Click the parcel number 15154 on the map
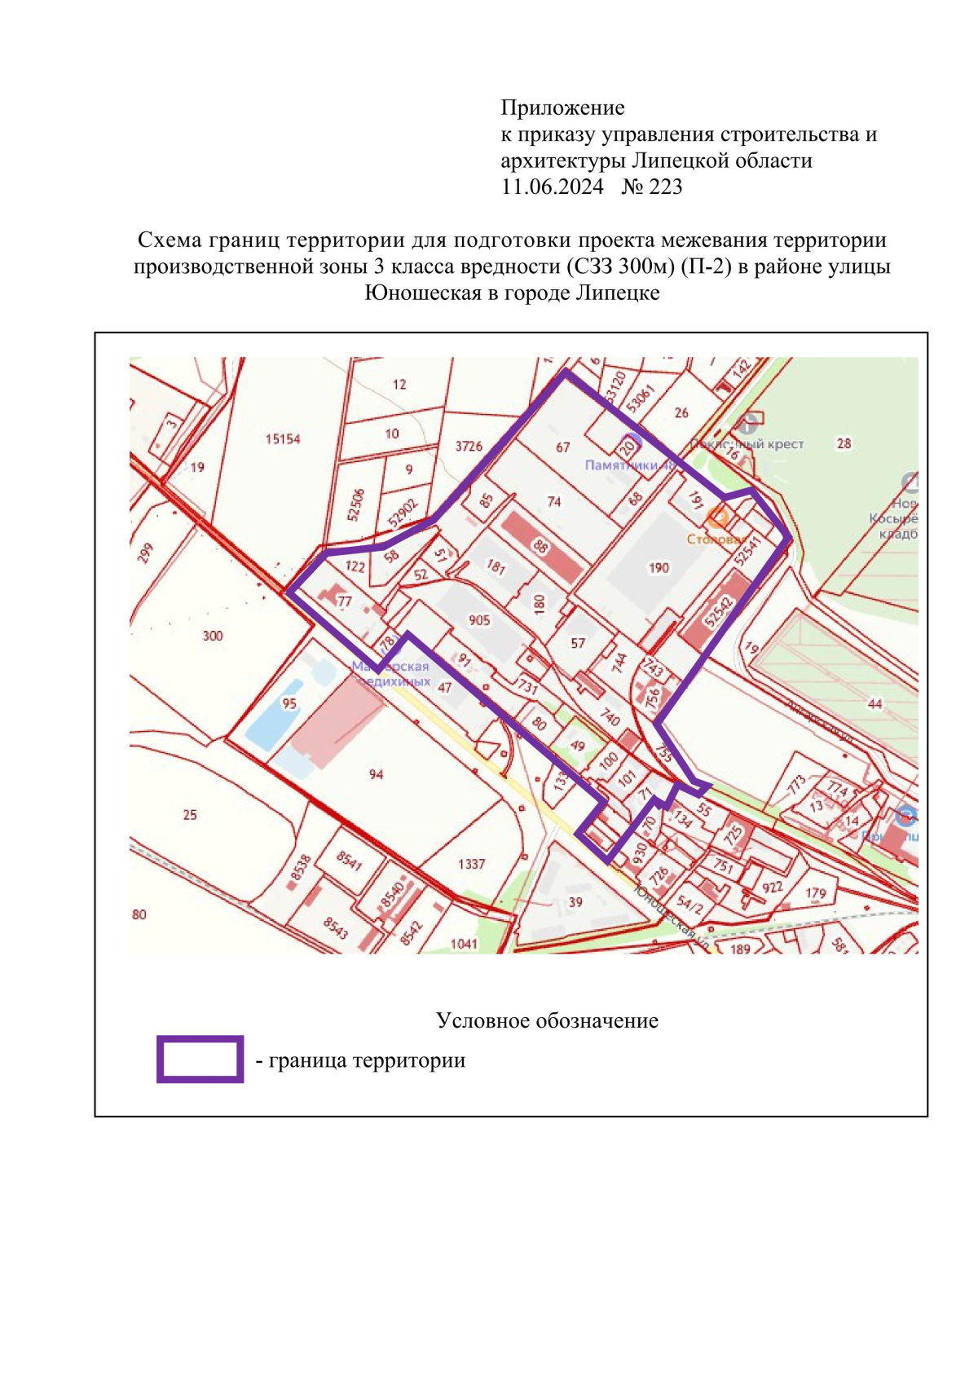pyautogui.click(x=283, y=439)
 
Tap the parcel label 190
pyautogui.click(x=659, y=568)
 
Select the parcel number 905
pyautogui.click(x=479, y=620)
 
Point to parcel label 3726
pyautogui.click(x=469, y=446)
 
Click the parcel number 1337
pyautogui.click(x=471, y=864)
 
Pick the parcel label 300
pyautogui.click(x=213, y=636)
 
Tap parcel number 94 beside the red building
pyautogui.click(x=376, y=774)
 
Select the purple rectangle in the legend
pyautogui.click(x=200, y=1059)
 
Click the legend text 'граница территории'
pyautogui.click(x=367, y=1060)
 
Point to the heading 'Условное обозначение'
pyautogui.click(x=547, y=1020)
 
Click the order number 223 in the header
pyautogui.click(x=666, y=187)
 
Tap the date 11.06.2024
pyautogui.click(x=552, y=187)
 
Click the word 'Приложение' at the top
pyautogui.click(x=562, y=108)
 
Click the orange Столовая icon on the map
pyautogui.click(x=716, y=516)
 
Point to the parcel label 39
pyautogui.click(x=575, y=902)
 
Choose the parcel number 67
pyautogui.click(x=563, y=447)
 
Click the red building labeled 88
pyautogui.click(x=541, y=546)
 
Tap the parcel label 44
pyautogui.click(x=874, y=704)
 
